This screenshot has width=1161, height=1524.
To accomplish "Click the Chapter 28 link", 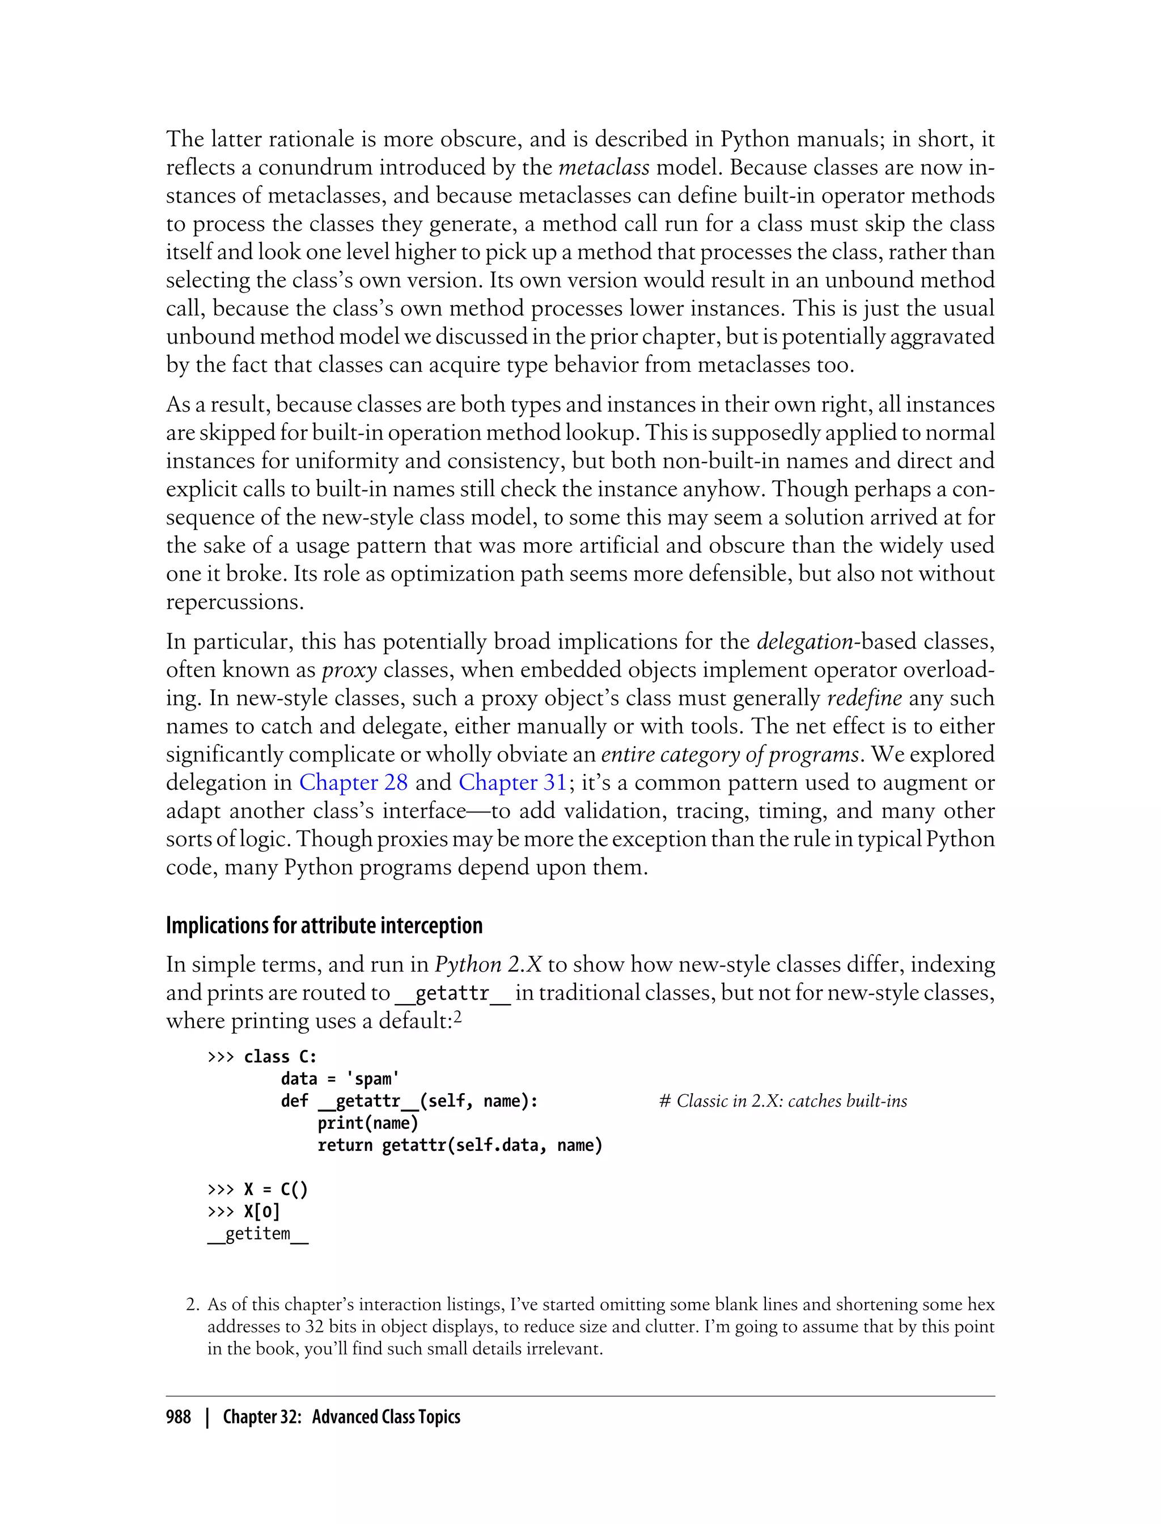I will point(353,782).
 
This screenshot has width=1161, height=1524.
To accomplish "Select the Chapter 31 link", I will point(512,782).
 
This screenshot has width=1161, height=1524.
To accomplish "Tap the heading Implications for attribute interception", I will point(324,925).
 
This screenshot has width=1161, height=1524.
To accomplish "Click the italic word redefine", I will point(864,698).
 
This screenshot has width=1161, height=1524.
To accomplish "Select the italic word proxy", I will point(350,670).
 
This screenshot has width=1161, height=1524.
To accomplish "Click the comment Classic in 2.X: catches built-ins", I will point(783,1101).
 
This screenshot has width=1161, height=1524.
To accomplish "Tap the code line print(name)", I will point(368,1123).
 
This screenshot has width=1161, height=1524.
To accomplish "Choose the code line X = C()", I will point(276,1189).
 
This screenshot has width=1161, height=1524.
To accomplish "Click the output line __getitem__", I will point(258,1234).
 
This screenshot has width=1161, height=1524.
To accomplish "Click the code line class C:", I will point(280,1057).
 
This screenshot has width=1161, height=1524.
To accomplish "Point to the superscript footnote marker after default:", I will point(457,1017).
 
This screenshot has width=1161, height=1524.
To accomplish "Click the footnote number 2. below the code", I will point(193,1305).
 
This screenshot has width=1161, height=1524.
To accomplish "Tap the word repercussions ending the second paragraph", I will point(234,602).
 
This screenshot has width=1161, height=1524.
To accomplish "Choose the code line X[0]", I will point(262,1212).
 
